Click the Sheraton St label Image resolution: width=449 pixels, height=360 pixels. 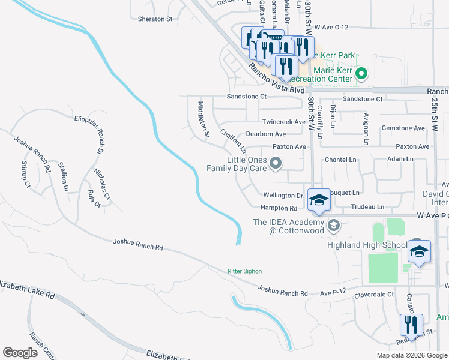point(155,19)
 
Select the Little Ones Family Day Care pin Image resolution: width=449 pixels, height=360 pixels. point(276,163)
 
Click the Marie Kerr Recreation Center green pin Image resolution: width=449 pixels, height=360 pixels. point(361,74)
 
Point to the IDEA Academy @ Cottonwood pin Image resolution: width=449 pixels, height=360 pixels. point(334,226)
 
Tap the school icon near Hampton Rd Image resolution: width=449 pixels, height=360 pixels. point(319,201)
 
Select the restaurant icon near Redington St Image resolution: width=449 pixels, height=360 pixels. point(411,326)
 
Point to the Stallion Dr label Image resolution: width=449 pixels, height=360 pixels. point(63,175)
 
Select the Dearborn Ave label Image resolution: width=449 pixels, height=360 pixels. point(265,134)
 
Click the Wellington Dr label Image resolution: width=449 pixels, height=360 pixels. point(283,196)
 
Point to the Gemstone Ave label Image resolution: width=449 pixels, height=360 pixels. point(403,128)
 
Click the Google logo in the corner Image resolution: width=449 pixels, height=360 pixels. point(20,353)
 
